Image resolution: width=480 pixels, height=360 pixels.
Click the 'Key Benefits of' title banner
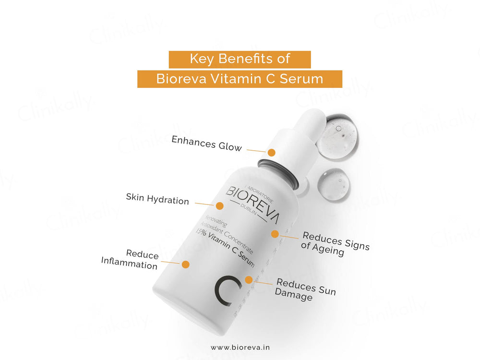[240, 59]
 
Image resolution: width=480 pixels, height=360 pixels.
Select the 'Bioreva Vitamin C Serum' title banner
[240, 79]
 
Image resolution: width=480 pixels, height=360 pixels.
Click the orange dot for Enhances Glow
[271, 153]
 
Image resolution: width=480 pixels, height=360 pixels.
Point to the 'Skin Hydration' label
[157, 199]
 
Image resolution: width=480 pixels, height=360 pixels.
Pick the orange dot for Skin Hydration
[219, 206]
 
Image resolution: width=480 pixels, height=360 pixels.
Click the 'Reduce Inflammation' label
[130, 259]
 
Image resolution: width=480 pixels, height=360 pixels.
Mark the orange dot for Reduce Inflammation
[186, 264]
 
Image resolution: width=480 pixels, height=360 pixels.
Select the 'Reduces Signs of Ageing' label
[335, 244]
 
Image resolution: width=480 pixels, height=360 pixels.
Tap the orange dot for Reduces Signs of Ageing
[275, 234]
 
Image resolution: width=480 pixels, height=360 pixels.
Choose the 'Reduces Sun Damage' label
[305, 290]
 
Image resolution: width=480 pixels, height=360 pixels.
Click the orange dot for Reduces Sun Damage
[248, 279]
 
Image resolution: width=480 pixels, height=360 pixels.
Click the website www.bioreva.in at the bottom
[240, 347]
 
